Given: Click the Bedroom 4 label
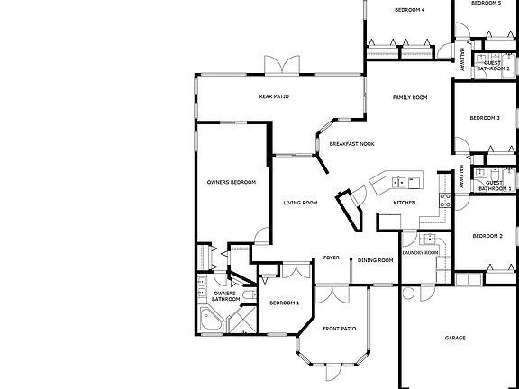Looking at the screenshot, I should pos(410,10).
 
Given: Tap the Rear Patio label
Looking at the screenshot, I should pos(273,96).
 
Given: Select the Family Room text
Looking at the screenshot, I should pos(409,97).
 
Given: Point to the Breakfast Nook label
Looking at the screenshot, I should pos(351,144).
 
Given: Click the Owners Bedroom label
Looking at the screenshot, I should pos(232,182).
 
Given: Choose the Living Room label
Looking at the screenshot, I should pos(300,203).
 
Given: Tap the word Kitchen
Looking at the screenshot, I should pos(405,203).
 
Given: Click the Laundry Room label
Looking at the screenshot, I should pos(420,253).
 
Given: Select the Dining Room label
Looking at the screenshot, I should pos(376,260).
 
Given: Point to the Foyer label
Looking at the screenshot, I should pos(331,258).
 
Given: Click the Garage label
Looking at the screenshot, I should pos(455,338).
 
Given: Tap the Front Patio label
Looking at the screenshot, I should pos(340,329).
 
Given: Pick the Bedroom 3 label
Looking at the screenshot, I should pos(485,118).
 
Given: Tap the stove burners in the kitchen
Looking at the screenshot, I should pos(443,200).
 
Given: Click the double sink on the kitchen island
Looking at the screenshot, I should pos(377,182).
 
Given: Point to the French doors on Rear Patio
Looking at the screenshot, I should pos(282,65).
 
